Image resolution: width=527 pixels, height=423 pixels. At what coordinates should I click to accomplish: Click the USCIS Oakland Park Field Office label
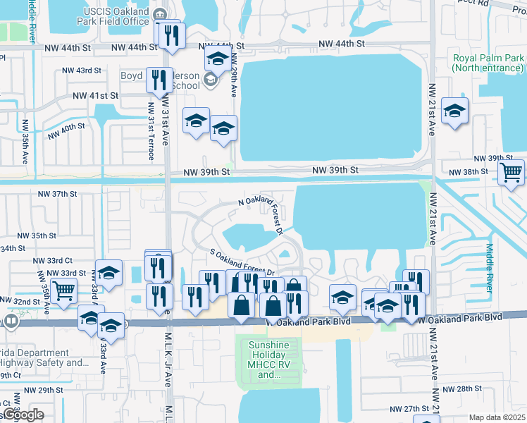click(117, 18)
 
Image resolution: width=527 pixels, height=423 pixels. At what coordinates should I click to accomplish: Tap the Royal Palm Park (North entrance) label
click(488, 63)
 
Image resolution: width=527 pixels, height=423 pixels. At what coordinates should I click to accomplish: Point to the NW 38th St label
click(470, 171)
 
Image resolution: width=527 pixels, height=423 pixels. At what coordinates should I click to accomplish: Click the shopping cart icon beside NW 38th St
click(511, 173)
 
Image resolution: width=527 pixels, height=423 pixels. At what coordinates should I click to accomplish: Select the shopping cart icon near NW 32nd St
click(63, 288)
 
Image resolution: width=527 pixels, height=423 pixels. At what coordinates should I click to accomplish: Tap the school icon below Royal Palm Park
click(454, 111)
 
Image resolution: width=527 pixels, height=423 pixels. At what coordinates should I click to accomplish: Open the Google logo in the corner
click(23, 415)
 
